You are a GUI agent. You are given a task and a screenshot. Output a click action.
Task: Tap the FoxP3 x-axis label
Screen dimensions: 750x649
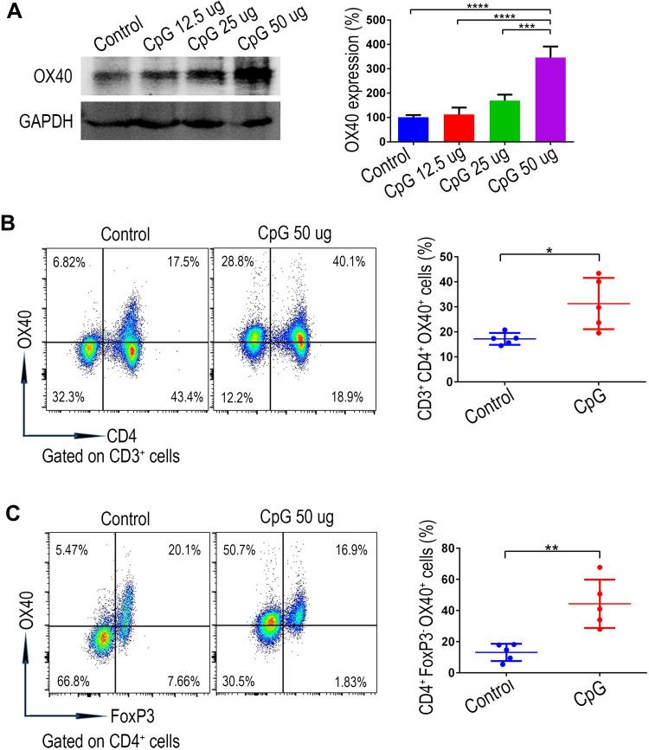pyautogui.click(x=106, y=715)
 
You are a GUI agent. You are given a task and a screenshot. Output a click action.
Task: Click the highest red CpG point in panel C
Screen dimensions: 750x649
pyautogui.click(x=598, y=566)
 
